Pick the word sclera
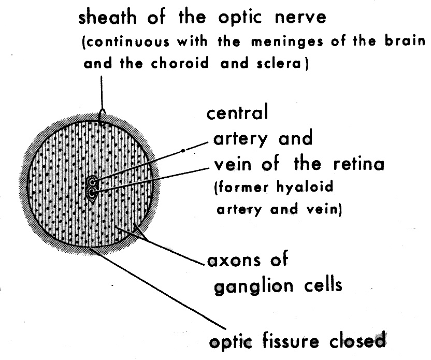[283, 65]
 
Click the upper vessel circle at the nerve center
[92, 182]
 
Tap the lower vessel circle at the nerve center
[92, 193]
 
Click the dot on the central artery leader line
[182, 151]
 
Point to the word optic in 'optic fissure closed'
[230, 342]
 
